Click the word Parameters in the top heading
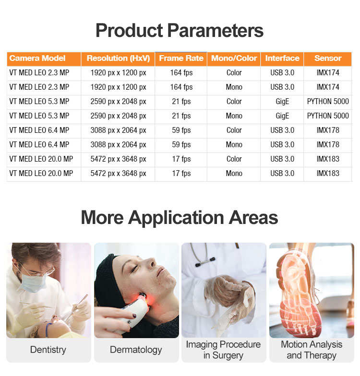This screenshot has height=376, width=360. tap(215, 31)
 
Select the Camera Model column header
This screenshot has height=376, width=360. tap(37, 59)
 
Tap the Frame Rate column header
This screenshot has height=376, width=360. tap(181, 59)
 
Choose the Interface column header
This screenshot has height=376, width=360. tap(282, 59)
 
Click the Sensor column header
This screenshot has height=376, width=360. tap(328, 59)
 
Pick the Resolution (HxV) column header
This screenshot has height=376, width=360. tap(118, 59)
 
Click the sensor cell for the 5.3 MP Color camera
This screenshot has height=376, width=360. tap(328, 102)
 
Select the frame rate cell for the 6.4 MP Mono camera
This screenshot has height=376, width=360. tap(181, 145)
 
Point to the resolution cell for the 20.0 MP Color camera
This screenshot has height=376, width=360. tap(118, 159)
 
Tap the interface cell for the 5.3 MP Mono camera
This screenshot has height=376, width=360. tap(282, 116)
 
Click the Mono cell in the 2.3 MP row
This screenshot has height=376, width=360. tap(234, 87)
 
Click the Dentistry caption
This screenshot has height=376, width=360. tap(48, 350)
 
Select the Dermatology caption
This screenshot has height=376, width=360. tap(136, 350)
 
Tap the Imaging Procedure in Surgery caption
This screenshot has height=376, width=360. tap(224, 350)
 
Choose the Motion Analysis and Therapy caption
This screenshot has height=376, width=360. tap(312, 350)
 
